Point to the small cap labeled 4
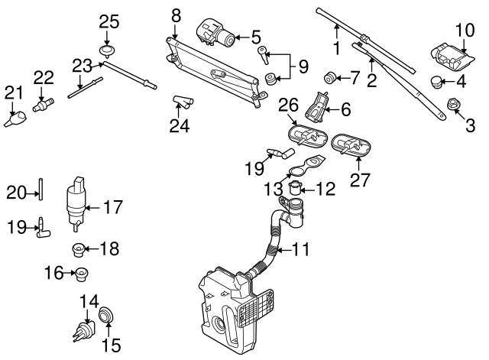tap(436, 81)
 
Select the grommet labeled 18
tap(77, 248)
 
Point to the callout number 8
tap(176, 14)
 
